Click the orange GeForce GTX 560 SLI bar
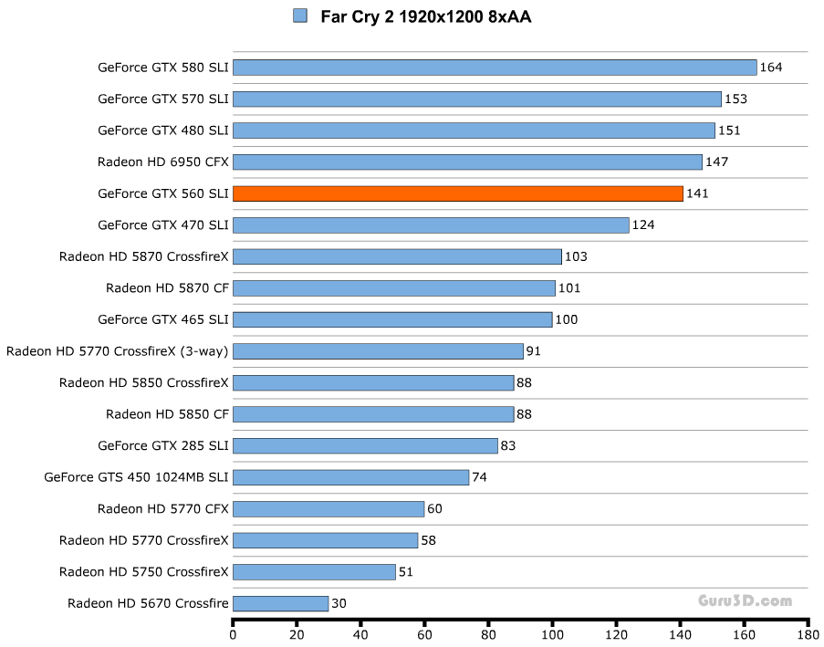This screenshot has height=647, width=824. point(458,193)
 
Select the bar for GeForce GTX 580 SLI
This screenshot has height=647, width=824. point(495,68)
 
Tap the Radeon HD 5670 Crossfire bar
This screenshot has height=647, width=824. point(280,603)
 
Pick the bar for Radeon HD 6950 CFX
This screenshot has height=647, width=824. point(467,162)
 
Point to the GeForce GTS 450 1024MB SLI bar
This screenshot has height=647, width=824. point(350,477)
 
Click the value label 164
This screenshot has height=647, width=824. point(771,68)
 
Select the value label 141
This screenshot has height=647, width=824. point(697,193)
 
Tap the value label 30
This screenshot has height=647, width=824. point(339,603)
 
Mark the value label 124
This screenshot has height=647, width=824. point(643,225)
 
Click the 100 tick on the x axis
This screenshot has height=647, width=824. point(553,635)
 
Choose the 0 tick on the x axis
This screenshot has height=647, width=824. point(234,635)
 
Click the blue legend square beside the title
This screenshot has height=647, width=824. point(300,16)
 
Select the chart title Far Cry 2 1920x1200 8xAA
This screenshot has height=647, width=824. point(425,16)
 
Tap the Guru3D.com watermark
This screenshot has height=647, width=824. point(746,600)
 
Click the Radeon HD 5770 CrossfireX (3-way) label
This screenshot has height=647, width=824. point(117,351)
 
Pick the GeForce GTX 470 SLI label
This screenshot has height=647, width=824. point(163,225)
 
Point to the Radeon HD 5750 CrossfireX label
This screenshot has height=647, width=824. point(144,572)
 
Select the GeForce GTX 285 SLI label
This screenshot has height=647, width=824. point(163,446)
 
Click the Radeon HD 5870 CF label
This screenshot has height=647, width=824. point(167,288)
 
